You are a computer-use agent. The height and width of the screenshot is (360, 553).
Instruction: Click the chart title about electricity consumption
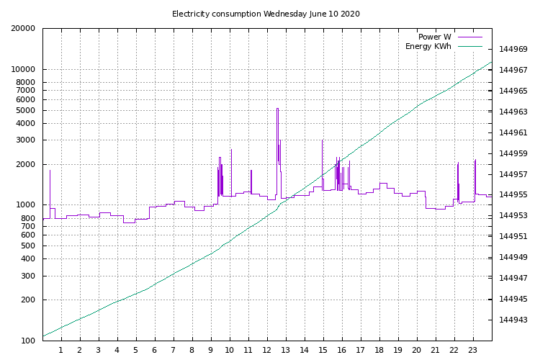(x=266, y=14)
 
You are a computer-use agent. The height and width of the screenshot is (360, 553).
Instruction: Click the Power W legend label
(x=434, y=37)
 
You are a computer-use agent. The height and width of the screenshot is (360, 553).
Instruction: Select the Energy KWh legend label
(x=428, y=47)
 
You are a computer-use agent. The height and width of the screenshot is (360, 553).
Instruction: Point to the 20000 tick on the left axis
(x=24, y=29)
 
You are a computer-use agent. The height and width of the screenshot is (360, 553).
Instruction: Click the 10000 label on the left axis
(x=24, y=70)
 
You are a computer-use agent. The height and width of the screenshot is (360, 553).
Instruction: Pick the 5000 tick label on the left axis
(x=26, y=111)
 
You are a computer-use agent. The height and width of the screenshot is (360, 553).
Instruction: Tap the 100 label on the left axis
(x=28, y=341)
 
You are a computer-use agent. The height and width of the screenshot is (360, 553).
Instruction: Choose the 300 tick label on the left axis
(x=28, y=276)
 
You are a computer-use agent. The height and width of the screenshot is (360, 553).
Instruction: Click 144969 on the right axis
(x=513, y=50)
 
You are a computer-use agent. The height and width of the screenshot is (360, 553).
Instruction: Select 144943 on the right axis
(x=513, y=320)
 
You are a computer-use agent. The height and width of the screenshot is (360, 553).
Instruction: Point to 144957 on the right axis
(x=513, y=174)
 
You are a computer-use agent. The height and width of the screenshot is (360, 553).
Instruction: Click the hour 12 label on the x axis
(x=267, y=351)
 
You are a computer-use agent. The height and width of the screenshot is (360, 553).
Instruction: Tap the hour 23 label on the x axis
(x=473, y=351)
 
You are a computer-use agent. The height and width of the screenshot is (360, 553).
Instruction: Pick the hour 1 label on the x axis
(x=61, y=351)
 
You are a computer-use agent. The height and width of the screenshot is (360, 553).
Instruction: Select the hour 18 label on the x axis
(x=379, y=351)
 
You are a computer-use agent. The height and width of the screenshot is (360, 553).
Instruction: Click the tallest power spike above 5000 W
(x=277, y=109)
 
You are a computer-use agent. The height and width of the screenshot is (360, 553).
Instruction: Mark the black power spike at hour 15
(x=322, y=141)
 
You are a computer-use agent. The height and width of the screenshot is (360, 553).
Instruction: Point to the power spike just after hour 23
(x=475, y=161)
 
